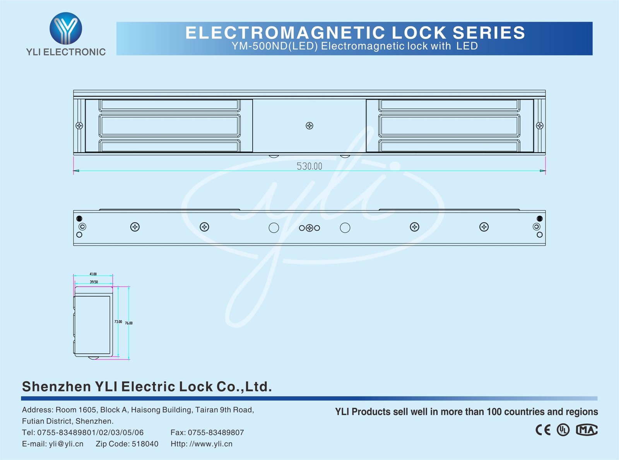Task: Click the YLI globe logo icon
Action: [x=66, y=28]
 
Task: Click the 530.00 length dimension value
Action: [x=309, y=166]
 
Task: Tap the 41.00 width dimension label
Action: [x=93, y=274]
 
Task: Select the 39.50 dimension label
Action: [x=94, y=282]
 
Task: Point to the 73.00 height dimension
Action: [x=118, y=321]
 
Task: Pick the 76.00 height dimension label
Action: [x=129, y=323]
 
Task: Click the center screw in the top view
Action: [x=309, y=126]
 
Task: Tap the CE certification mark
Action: [x=543, y=430]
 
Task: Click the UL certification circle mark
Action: [x=563, y=430]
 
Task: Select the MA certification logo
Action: [x=587, y=430]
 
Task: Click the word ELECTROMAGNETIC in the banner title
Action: [x=286, y=33]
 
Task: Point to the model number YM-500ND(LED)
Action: [x=275, y=46]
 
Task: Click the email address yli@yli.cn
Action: [x=66, y=444]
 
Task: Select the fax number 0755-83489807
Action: [x=216, y=433]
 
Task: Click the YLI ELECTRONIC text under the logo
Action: [x=66, y=52]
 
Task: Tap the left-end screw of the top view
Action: [x=79, y=126]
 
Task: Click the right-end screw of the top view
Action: [x=540, y=126]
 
